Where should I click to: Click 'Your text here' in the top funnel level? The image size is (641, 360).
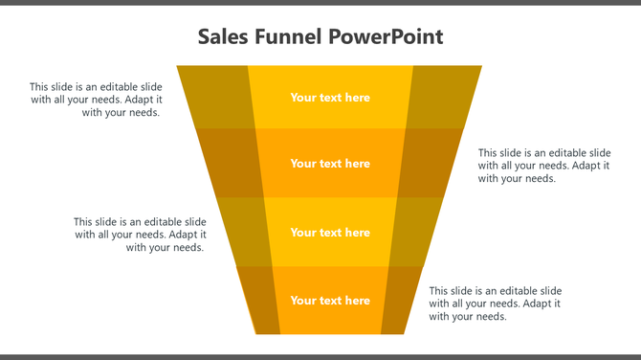click(x=330, y=98)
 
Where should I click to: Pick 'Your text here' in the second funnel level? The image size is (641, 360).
click(x=330, y=164)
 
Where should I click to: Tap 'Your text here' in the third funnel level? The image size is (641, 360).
click(x=330, y=233)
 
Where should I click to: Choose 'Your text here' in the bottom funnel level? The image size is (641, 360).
click(x=330, y=301)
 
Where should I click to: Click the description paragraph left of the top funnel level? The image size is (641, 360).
click(x=96, y=100)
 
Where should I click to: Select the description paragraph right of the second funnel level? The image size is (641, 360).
click(x=544, y=166)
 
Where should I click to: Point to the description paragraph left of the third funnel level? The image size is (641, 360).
click(x=140, y=235)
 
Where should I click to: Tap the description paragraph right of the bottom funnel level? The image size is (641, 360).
click(x=495, y=304)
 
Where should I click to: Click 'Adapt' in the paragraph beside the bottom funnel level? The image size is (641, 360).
click(x=541, y=304)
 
